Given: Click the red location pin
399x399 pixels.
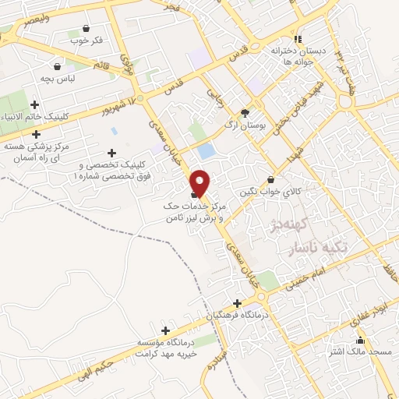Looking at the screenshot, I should pos(200,182).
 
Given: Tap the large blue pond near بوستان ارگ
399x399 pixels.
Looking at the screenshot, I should pos(206,150).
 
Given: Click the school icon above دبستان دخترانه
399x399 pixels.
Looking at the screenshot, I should pos(297,40).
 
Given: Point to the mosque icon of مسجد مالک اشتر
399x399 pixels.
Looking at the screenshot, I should pos(359,341).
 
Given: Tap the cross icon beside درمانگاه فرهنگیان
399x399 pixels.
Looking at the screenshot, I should pos(238,303).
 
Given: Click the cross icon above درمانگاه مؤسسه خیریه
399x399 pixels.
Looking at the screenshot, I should pos(164,330).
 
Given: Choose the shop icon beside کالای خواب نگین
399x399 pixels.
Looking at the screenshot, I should pos(270,178).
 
